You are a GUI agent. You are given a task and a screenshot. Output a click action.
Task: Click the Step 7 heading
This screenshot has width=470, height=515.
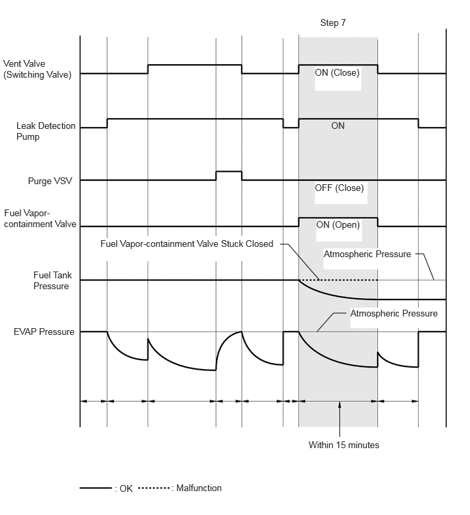[x=333, y=23]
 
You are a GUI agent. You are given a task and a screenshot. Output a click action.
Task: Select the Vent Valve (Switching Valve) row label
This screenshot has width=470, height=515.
[x=37, y=69]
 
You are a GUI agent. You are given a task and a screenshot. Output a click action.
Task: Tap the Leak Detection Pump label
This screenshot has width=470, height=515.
[x=46, y=131]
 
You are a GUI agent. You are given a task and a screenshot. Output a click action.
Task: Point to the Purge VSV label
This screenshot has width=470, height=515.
[x=50, y=181]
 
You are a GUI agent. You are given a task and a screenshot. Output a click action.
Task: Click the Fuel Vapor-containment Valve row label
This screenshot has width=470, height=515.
[x=40, y=218]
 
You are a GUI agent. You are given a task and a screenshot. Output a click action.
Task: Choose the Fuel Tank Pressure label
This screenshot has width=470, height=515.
[x=52, y=280]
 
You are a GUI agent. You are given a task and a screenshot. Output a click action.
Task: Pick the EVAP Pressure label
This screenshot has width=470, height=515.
[x=44, y=332]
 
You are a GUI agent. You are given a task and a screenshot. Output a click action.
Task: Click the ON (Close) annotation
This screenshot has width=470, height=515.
[x=337, y=72]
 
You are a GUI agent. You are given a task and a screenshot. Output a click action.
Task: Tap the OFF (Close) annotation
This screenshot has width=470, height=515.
[x=339, y=188]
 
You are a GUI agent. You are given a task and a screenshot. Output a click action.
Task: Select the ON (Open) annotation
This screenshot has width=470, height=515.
[x=337, y=225]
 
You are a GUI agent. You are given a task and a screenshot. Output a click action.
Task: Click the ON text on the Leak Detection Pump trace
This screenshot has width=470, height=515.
[x=337, y=126]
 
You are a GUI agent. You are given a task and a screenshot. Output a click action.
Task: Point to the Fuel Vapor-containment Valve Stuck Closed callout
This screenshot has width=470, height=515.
[x=186, y=244]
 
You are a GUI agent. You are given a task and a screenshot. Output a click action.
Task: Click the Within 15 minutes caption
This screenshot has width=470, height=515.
[x=344, y=445]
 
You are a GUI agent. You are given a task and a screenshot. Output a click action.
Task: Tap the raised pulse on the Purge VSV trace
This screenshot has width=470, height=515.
[x=229, y=171]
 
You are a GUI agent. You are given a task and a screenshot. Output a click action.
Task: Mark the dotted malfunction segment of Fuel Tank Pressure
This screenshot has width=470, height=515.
[x=338, y=280]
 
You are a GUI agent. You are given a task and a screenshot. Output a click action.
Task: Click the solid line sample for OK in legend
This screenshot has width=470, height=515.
[x=96, y=488]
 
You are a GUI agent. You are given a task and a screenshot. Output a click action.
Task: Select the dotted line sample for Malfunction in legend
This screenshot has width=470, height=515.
[x=154, y=488]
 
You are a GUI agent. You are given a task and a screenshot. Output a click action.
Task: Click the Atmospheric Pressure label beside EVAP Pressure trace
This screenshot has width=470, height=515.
[x=393, y=313]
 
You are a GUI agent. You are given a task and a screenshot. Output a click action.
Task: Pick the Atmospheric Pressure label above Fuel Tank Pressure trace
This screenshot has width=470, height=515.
[x=367, y=254]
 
